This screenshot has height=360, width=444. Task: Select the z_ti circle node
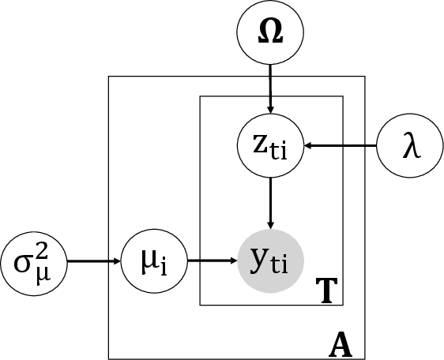point(271,145)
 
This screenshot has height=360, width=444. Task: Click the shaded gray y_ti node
point(271,259)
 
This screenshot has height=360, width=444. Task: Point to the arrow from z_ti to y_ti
point(271,202)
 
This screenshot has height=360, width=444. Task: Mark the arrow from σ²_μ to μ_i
point(92,259)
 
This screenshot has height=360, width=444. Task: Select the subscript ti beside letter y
point(284,265)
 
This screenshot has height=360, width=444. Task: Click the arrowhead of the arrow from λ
point(310,146)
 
